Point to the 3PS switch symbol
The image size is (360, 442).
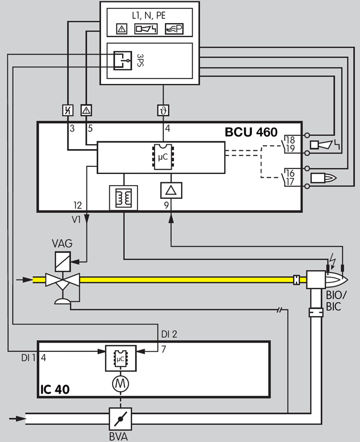pyautogui.click(x=122, y=60)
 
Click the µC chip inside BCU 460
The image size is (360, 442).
pyautogui.click(x=162, y=157)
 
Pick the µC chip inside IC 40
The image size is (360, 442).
pyautogui.click(x=120, y=359)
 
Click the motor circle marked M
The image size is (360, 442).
pyautogui.click(x=120, y=382)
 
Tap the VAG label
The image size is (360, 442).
pyautogui.click(x=62, y=243)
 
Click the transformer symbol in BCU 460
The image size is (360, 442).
pyautogui.click(x=124, y=197)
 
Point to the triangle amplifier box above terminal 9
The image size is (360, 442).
pyautogui.click(x=170, y=191)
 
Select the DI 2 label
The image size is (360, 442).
pyautogui.click(x=169, y=334)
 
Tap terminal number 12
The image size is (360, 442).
pyautogui.click(x=77, y=205)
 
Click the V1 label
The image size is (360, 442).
pyautogui.click(x=77, y=219)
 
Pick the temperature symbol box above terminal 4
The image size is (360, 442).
pyautogui.click(x=163, y=110)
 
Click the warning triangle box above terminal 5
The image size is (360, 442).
pyautogui.click(x=86, y=110)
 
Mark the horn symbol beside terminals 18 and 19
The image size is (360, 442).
pyautogui.click(x=321, y=145)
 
